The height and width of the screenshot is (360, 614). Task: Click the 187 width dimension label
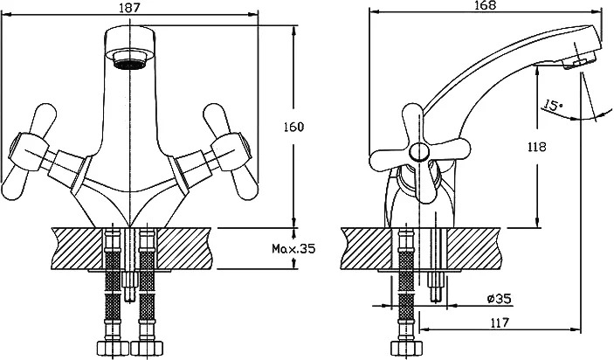pyautogui.click(x=129, y=8)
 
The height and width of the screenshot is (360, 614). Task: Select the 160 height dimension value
pyautogui.click(x=293, y=127)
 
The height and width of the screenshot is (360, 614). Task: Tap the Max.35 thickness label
pyautogui.click(x=293, y=248)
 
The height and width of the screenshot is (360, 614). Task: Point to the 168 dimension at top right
pyautogui.click(x=486, y=5)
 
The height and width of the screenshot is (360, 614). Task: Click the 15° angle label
pyautogui.click(x=553, y=106)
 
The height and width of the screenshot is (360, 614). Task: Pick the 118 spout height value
pyautogui.click(x=536, y=147)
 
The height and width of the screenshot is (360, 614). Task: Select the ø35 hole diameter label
pyautogui.click(x=500, y=299)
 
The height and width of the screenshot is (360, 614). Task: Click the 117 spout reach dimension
pyautogui.click(x=500, y=322)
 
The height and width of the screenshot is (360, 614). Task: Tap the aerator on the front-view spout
pyautogui.click(x=129, y=60)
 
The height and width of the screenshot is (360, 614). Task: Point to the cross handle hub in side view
pyautogui.click(x=418, y=151)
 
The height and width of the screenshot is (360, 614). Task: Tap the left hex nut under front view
pyautogui.click(x=113, y=348)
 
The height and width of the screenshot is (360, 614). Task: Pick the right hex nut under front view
pyautogui.click(x=147, y=348)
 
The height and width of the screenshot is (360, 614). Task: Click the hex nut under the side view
pyautogui.click(x=406, y=348)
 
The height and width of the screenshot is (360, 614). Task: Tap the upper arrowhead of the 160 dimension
pyautogui.click(x=293, y=31)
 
